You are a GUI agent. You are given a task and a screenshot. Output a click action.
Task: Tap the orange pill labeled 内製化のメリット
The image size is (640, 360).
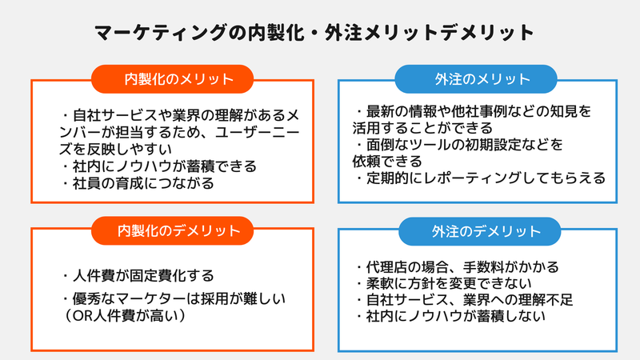point(173,79)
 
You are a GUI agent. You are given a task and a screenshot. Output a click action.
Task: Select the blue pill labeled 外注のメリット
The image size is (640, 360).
point(478,79)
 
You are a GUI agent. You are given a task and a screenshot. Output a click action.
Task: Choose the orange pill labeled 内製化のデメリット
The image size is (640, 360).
point(173,231)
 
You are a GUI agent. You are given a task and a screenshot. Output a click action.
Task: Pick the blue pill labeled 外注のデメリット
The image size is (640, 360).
point(478,231)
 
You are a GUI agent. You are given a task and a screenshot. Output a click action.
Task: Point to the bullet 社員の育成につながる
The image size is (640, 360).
point(139,184)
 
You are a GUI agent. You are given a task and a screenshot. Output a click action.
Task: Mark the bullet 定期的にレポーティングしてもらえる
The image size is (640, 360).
point(480,178)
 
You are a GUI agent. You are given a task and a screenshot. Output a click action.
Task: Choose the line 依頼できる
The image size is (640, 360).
point(388,161)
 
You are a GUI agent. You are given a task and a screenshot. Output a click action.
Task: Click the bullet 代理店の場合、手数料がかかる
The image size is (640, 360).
point(457,266)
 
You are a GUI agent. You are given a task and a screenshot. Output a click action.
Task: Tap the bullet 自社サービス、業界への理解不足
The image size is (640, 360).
point(464,300)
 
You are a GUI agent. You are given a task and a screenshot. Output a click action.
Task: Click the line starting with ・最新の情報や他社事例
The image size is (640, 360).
point(475,110)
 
